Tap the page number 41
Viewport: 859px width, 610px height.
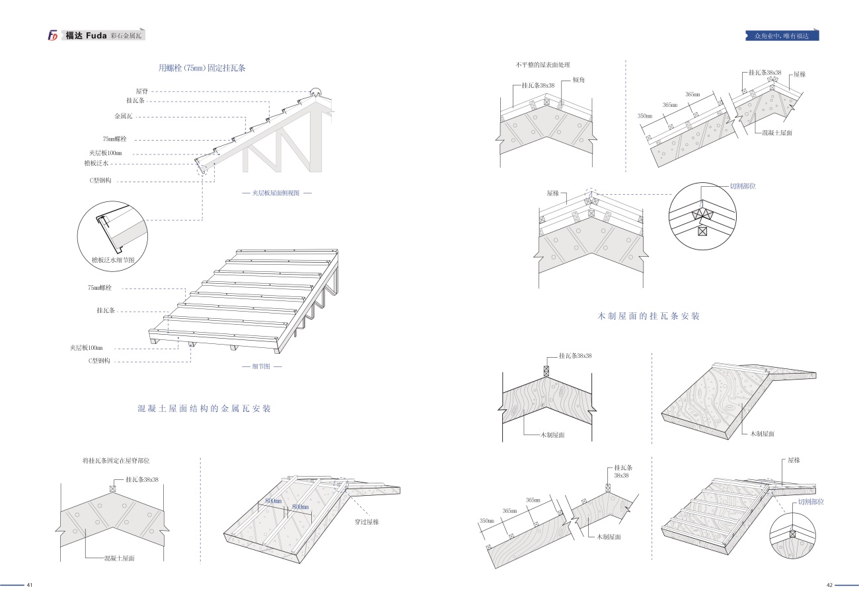[30, 585]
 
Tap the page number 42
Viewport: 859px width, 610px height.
[831, 585]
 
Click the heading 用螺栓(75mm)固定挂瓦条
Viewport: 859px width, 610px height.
[202, 68]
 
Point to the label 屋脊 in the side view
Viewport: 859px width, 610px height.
[141, 91]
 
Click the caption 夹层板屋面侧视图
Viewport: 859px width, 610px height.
[276, 193]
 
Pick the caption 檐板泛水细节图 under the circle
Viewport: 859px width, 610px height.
[114, 261]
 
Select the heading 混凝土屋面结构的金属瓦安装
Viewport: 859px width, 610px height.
[204, 409]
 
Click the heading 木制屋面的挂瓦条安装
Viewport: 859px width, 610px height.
[648, 316]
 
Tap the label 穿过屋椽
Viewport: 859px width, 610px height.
[367, 522]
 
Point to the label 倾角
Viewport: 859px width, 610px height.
[578, 80]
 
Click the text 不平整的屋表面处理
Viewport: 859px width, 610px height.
[542, 65]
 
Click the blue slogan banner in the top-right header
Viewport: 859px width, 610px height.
[782, 36]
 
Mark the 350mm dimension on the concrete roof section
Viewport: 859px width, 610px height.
[644, 116]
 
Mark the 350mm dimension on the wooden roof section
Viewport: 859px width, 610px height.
[486, 522]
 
